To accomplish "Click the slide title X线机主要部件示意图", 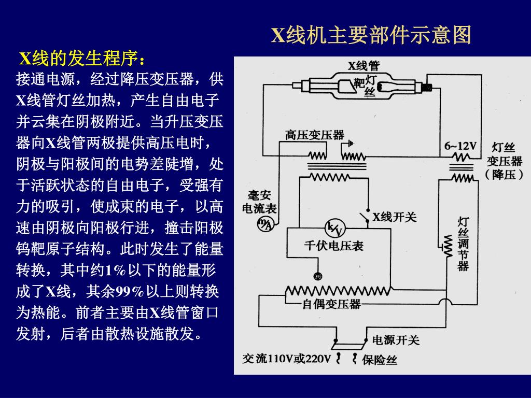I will [371, 35].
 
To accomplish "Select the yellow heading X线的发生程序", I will [82, 59].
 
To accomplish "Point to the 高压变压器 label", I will [314, 135].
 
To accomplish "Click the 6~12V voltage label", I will [460, 146].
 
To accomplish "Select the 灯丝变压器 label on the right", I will [503, 161].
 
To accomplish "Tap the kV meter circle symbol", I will [332, 228].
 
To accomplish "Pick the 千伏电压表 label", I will [333, 246].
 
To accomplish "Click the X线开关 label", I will [394, 217].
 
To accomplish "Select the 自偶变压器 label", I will [331, 304].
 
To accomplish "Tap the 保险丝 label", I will [380, 360].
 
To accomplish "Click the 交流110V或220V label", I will [286, 359].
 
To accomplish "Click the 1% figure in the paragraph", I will [116, 270].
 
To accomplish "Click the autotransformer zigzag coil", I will [337, 291].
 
